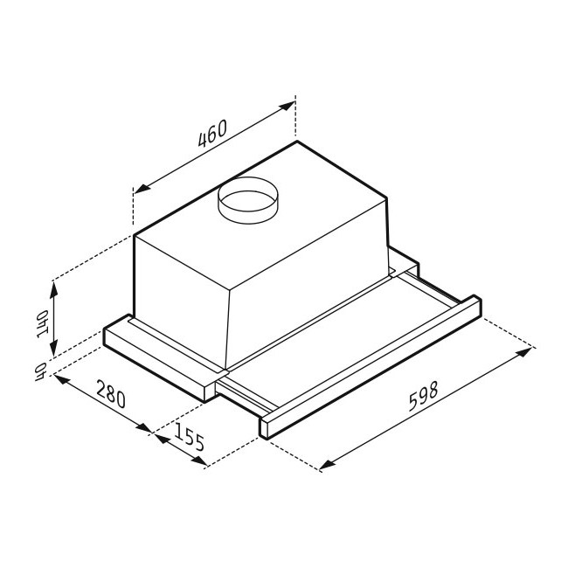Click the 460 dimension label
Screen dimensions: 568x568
tap(212, 133)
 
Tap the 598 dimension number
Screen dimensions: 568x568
tap(423, 396)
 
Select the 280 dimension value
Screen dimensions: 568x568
tap(111, 393)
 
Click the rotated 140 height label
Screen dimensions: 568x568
tap(42, 323)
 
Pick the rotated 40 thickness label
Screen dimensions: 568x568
tap(40, 371)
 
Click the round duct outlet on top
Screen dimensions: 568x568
tap(248, 200)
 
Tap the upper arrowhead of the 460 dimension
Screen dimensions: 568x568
tap(287, 106)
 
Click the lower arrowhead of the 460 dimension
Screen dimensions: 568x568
tap(142, 187)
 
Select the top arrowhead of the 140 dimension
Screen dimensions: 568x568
tap(53, 289)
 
